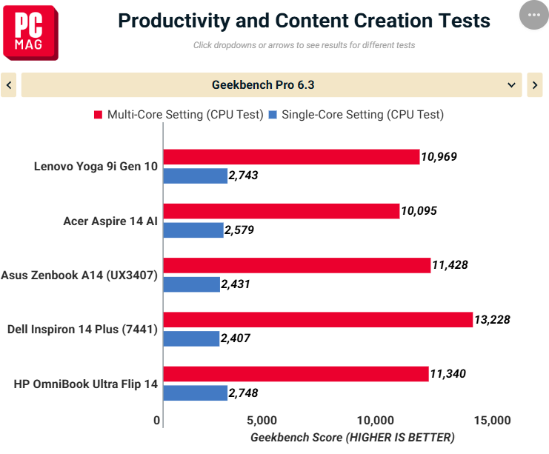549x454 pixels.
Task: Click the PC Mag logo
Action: (x=30, y=33)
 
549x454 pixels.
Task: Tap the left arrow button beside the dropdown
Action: (x=8, y=84)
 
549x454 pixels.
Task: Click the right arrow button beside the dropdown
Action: (x=535, y=84)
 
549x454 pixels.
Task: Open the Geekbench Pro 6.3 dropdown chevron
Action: (x=511, y=84)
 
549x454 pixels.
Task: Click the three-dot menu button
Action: (x=534, y=15)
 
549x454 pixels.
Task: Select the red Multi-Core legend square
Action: (x=98, y=115)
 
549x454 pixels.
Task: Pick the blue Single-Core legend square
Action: (x=273, y=115)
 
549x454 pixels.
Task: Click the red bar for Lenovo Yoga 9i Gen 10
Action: (x=291, y=157)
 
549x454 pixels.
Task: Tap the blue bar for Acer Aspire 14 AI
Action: (x=193, y=230)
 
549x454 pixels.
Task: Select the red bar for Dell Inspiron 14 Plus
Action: (x=318, y=320)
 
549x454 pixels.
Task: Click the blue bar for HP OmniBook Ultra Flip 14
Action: (x=196, y=393)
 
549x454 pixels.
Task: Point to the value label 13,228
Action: (x=492, y=320)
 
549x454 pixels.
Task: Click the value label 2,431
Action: (x=236, y=284)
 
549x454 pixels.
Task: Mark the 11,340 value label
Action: (x=447, y=374)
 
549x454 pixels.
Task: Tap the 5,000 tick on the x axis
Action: (x=262, y=420)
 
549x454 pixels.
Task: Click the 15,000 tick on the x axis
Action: (x=492, y=420)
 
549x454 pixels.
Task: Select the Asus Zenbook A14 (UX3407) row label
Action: (x=79, y=275)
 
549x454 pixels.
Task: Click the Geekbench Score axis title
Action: (x=353, y=438)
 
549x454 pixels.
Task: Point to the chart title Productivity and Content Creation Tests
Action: (x=304, y=21)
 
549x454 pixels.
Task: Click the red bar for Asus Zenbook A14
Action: (x=297, y=265)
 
